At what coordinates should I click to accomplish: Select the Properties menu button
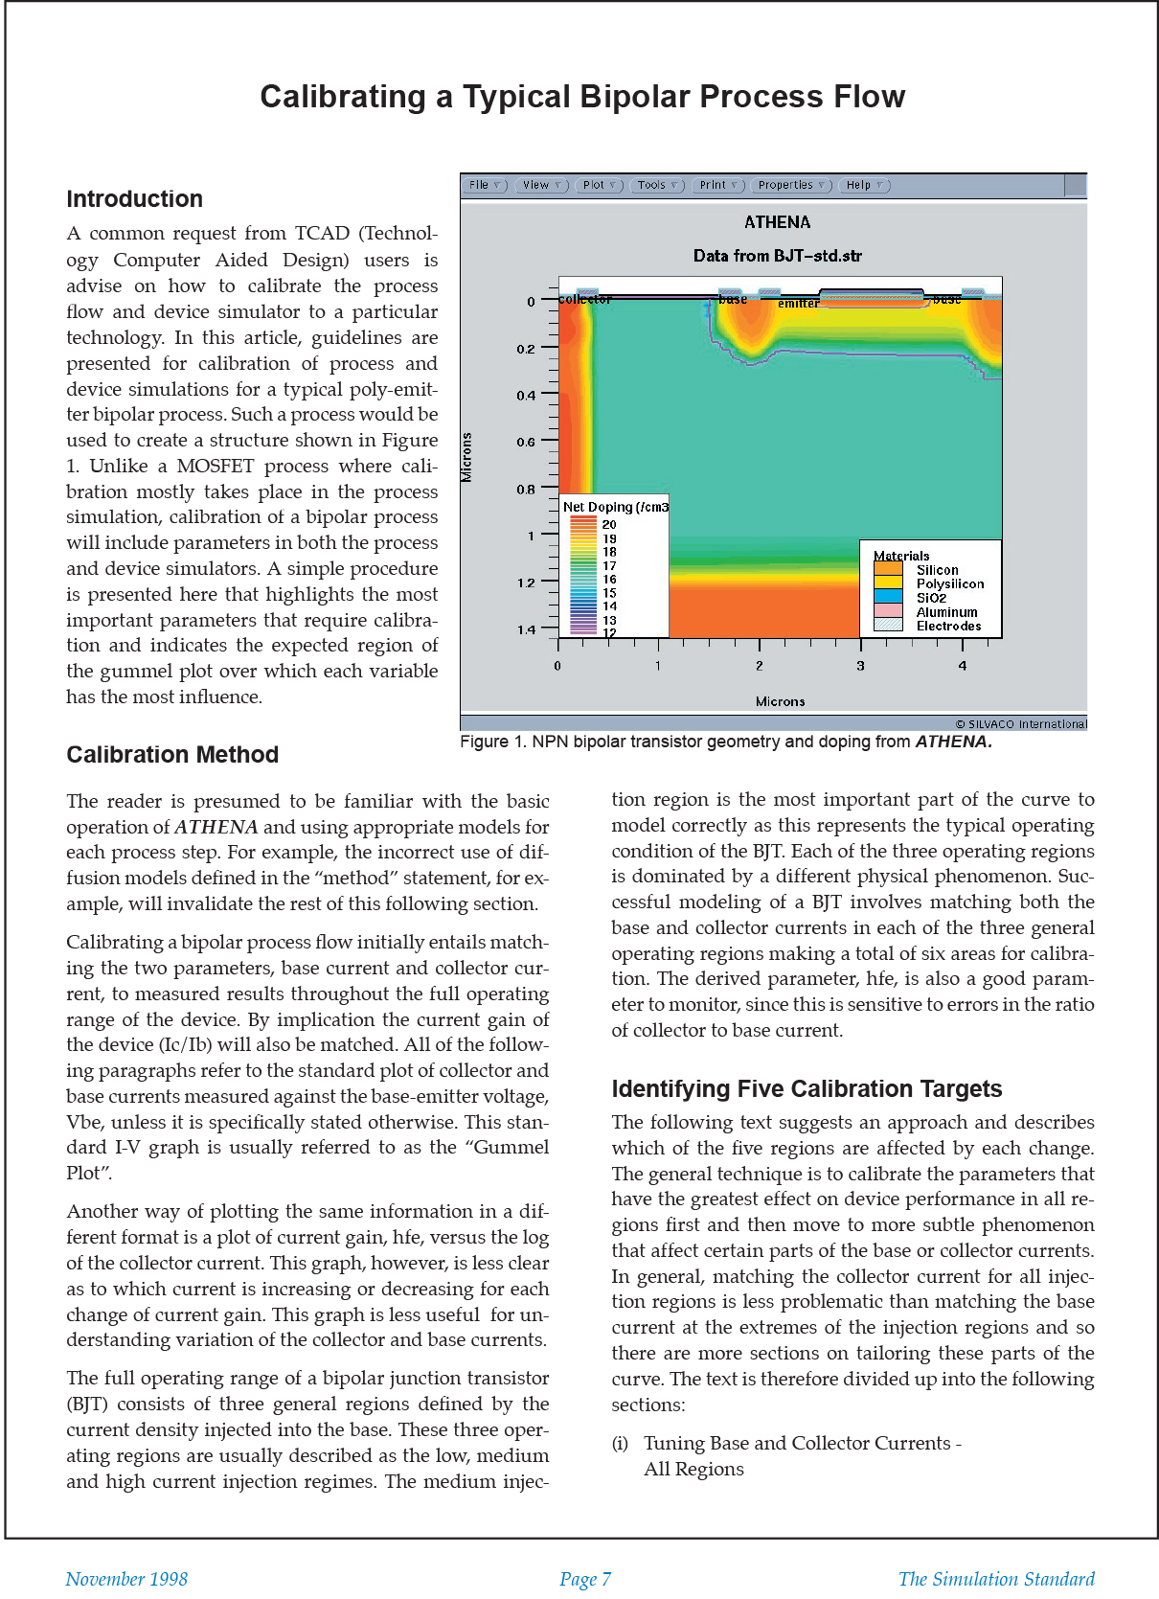tap(791, 185)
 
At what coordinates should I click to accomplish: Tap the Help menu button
tap(864, 185)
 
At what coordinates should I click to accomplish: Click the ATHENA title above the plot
tap(777, 222)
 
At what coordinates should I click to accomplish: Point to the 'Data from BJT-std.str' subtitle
tap(777, 256)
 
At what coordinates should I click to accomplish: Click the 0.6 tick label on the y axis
tap(526, 442)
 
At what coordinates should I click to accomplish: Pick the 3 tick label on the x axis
tap(860, 666)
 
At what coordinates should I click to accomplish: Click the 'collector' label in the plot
tap(584, 300)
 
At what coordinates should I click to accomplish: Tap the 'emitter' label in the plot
tap(798, 304)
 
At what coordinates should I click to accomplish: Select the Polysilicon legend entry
tap(949, 583)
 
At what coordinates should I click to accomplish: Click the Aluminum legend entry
tap(946, 612)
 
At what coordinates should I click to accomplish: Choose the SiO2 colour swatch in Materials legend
tap(888, 597)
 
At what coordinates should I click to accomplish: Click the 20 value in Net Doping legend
tap(609, 525)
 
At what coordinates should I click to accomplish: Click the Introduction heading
tap(134, 199)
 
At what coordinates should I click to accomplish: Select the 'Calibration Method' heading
tap(172, 755)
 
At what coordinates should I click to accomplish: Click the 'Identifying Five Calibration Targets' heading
tap(807, 1089)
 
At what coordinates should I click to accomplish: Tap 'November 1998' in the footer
tap(126, 1579)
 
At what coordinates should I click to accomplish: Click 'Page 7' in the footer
tap(584, 1579)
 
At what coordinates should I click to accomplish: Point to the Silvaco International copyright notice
tap(1020, 724)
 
